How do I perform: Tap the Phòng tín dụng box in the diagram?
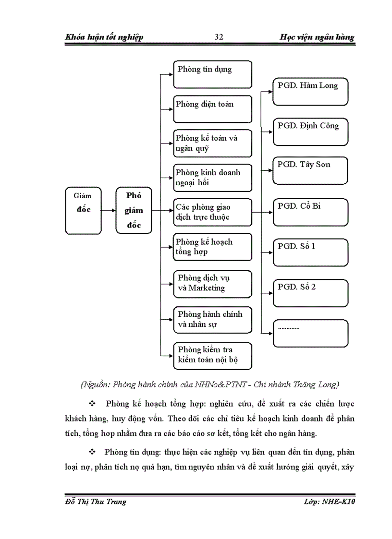[212, 74]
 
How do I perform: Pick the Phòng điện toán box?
[212, 109]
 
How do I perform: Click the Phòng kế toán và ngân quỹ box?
[212, 143]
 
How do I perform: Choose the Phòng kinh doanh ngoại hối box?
[212, 178]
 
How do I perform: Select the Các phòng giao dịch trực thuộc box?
[212, 212]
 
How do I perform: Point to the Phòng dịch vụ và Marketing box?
[212, 284]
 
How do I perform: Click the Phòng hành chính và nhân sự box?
[212, 320]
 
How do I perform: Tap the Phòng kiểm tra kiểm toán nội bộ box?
[212, 355]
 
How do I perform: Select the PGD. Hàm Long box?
[310, 92]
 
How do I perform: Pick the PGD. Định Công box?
[310, 132]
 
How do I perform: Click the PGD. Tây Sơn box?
[310, 170]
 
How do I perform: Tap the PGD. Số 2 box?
[310, 293]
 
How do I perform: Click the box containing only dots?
[310, 333]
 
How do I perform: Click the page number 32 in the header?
[219, 37]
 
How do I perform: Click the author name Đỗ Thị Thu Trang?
[96, 502]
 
